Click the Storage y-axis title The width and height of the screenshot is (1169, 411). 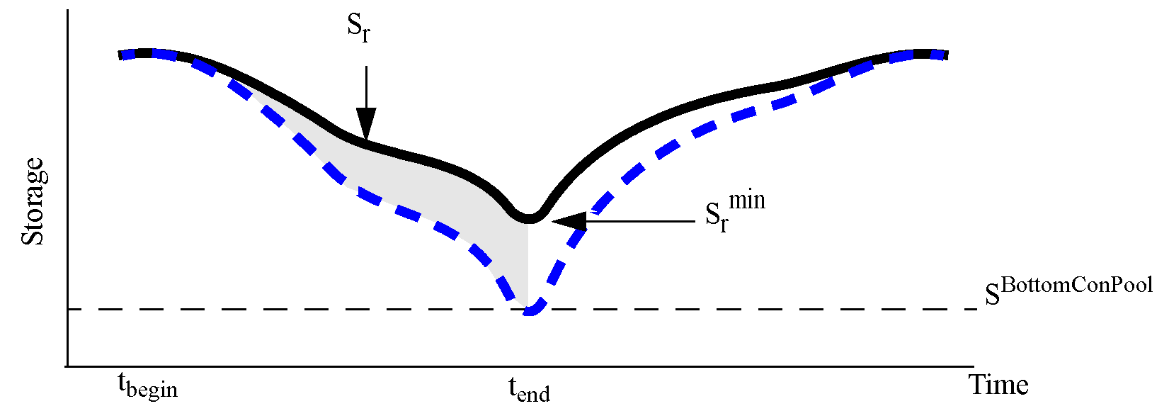click(x=33, y=202)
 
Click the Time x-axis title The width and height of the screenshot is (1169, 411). click(x=998, y=385)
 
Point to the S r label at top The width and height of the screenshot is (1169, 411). click(x=358, y=28)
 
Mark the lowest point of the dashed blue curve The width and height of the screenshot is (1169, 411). click(x=530, y=311)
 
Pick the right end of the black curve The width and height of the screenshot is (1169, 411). click(x=945, y=55)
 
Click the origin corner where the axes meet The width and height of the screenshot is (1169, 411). click(x=67, y=366)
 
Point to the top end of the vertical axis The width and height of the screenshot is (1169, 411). click(x=67, y=11)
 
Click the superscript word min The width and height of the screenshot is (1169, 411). click(x=747, y=201)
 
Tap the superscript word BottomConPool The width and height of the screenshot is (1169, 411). click(x=1077, y=285)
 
